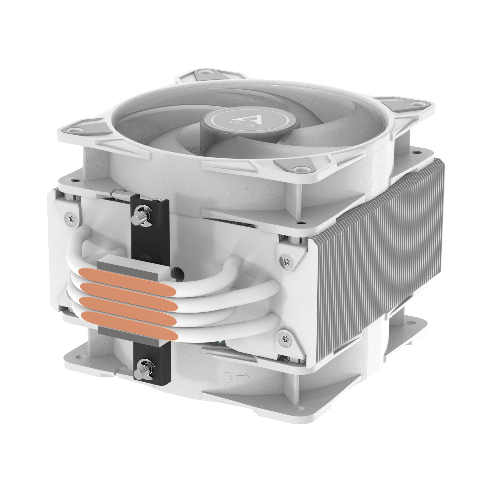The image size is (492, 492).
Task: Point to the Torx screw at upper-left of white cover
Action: (71, 218)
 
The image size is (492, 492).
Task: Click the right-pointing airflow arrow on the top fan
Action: (244, 192)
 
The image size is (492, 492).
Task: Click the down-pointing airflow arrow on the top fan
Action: (228, 193)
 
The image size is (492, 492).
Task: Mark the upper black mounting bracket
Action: (150, 229)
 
